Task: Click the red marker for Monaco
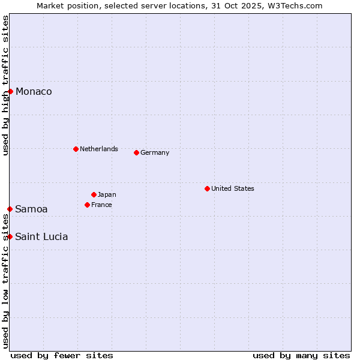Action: [x=10, y=91]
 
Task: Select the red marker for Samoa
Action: [x=10, y=209]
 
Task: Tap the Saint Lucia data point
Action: [x=10, y=236]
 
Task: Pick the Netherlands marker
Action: [x=76, y=149]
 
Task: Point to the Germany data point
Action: [x=136, y=152]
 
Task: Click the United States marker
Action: [x=207, y=188]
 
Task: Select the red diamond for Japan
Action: [x=94, y=194]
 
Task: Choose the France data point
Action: [x=87, y=205]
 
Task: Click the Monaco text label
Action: [x=34, y=91]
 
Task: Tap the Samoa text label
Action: [x=31, y=209]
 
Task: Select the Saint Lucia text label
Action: [x=41, y=236]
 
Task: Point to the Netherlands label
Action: [x=99, y=149]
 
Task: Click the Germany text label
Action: [x=155, y=152]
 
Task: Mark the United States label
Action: [x=233, y=188]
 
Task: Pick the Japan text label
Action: [x=107, y=194]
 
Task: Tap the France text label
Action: [x=101, y=205]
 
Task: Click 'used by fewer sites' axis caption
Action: [x=62, y=355]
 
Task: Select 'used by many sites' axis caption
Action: [x=301, y=355]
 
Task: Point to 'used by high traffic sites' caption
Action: [x=5, y=85]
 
